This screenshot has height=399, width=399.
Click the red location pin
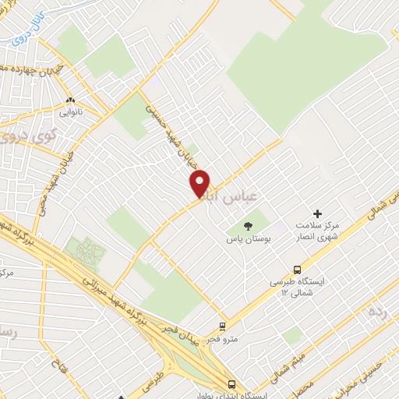tap(200, 182)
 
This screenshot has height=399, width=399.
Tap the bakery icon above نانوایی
tap(71, 100)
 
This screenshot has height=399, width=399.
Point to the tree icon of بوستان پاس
tap(248, 226)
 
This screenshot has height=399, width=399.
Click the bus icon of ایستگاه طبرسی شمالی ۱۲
tap(296, 270)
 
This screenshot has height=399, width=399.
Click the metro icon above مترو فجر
tap(223, 327)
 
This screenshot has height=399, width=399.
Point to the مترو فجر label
tap(222, 339)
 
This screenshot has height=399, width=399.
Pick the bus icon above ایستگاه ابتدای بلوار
tap(231, 384)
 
